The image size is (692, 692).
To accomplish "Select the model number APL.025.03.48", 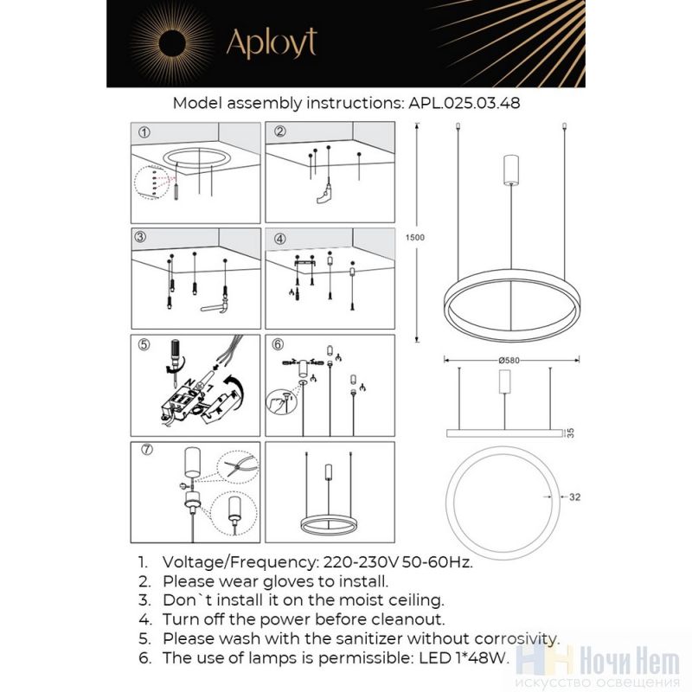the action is click(x=465, y=103).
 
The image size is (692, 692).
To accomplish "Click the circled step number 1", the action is click(x=144, y=132).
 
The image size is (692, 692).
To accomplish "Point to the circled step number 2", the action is click(x=279, y=131).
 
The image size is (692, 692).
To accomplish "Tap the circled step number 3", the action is click(x=140, y=237).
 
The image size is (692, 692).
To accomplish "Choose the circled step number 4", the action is click(x=279, y=239).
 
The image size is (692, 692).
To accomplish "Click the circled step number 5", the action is click(x=144, y=344).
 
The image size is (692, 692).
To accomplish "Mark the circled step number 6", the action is click(x=278, y=344).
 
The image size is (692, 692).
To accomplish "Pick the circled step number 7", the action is click(x=147, y=449).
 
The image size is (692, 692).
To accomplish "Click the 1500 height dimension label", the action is click(x=415, y=237).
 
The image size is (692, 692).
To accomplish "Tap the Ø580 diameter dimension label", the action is click(x=509, y=360).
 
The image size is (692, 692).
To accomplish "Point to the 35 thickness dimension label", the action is click(x=571, y=433).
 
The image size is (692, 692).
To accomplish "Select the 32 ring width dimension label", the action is click(x=574, y=497).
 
